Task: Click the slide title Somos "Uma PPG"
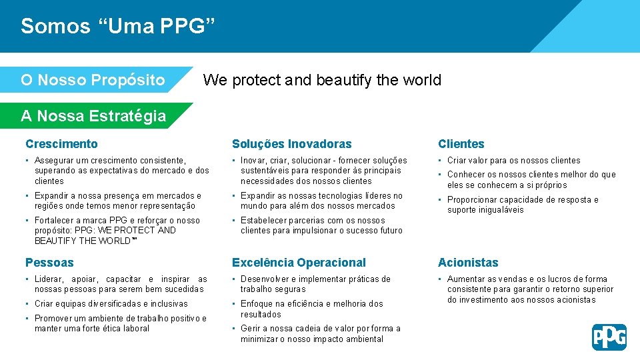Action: click(x=118, y=26)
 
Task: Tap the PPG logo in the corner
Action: click(x=609, y=337)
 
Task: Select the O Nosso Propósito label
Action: click(x=93, y=80)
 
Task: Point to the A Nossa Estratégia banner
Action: click(x=93, y=116)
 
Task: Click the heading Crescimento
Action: click(x=61, y=144)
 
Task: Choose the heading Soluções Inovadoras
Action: click(x=291, y=144)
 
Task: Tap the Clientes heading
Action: click(x=461, y=144)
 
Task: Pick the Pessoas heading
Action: click(x=49, y=263)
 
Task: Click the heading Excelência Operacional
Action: click(x=299, y=263)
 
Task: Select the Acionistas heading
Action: click(x=468, y=263)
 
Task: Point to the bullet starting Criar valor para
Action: click(x=513, y=161)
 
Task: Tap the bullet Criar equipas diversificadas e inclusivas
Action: click(x=111, y=304)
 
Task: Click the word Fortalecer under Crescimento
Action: click(x=55, y=220)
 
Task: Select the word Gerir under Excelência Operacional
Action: click(x=250, y=329)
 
